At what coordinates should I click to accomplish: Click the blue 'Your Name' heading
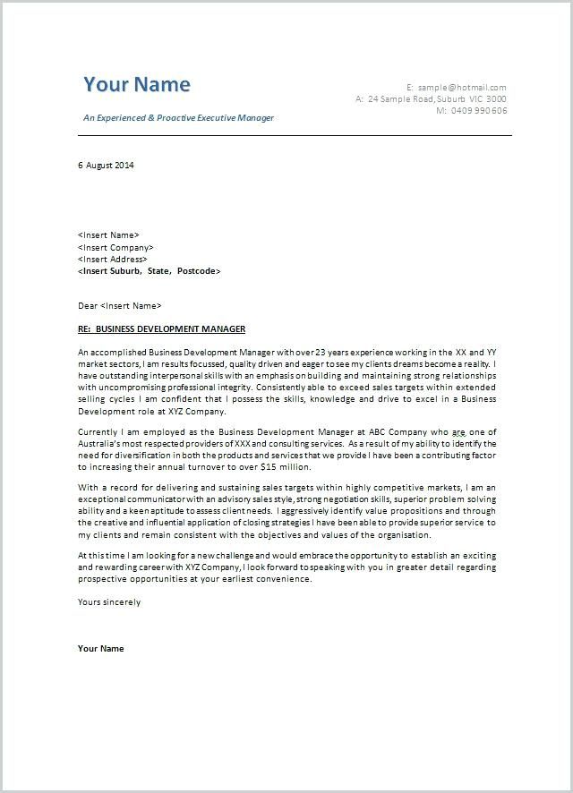pyautogui.click(x=137, y=85)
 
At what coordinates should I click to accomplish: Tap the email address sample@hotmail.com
pyautogui.click(x=462, y=87)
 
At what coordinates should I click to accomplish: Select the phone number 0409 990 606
pyautogui.click(x=479, y=111)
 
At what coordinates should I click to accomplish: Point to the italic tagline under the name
pyautogui.click(x=178, y=118)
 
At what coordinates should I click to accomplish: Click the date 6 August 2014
pyautogui.click(x=106, y=165)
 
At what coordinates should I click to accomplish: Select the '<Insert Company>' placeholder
pyautogui.click(x=115, y=247)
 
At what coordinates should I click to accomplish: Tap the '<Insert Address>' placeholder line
pyautogui.click(x=112, y=259)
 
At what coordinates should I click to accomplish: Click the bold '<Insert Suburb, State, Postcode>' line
pyautogui.click(x=149, y=270)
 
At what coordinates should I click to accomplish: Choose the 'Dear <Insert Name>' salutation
pyautogui.click(x=120, y=306)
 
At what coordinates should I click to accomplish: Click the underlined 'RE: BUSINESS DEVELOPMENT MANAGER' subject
pyautogui.click(x=161, y=329)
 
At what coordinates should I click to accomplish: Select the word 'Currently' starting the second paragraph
pyautogui.click(x=98, y=431)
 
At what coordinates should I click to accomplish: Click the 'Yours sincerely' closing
pyautogui.click(x=109, y=602)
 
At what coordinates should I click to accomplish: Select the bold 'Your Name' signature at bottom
pyautogui.click(x=101, y=648)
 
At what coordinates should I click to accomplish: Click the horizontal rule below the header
pyautogui.click(x=295, y=135)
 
